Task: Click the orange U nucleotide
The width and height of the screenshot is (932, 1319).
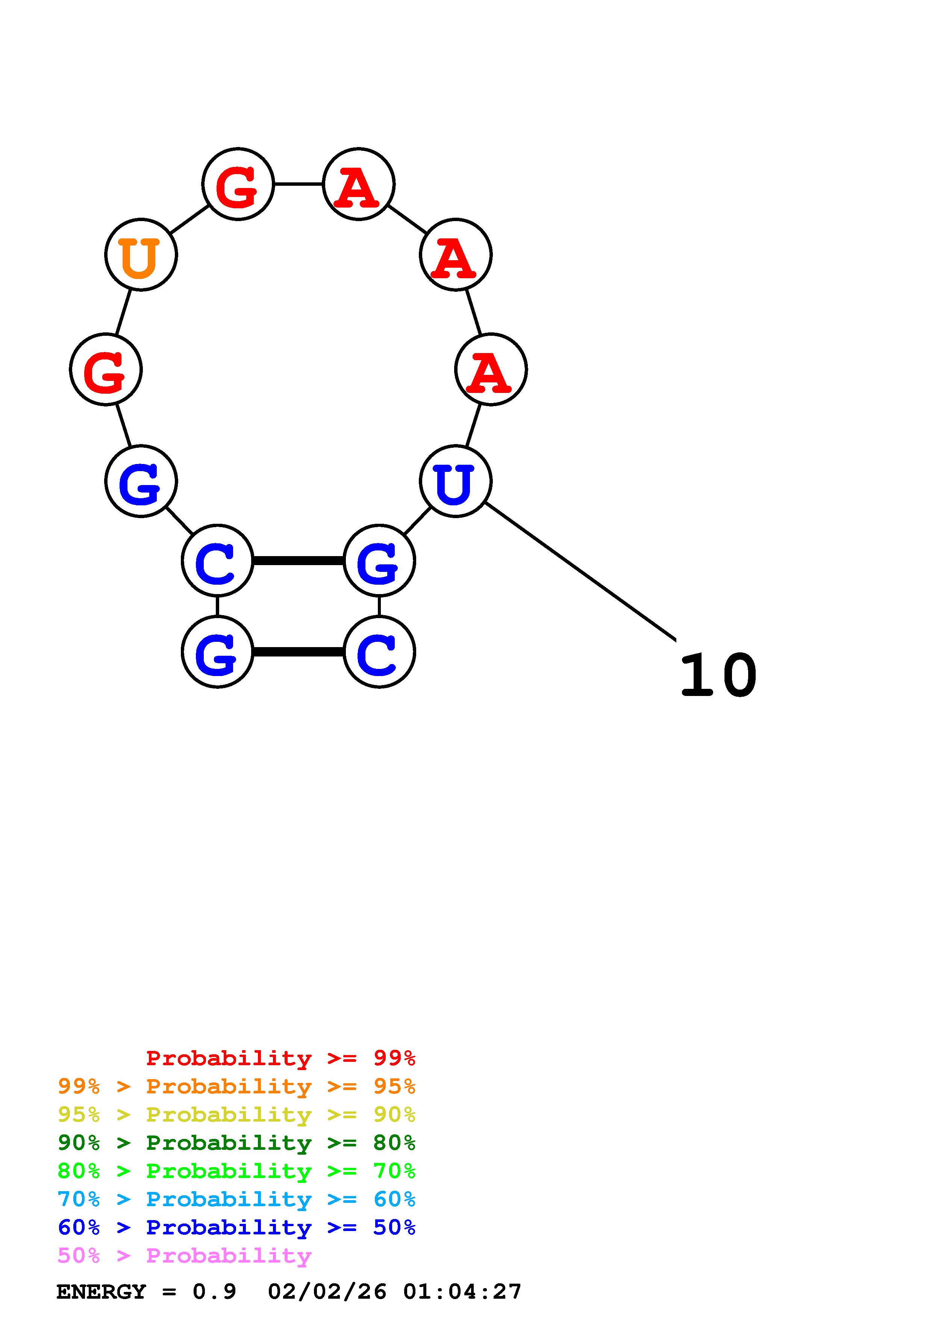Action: (x=141, y=255)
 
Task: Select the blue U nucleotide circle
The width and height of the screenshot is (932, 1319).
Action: (x=455, y=481)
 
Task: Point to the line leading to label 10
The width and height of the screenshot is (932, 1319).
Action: (x=580, y=570)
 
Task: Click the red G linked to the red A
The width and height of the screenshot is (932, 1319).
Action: (x=238, y=184)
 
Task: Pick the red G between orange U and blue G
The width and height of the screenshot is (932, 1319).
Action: (x=106, y=369)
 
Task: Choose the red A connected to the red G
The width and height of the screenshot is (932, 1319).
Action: (x=358, y=184)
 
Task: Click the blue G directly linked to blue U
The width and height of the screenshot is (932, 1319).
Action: (x=379, y=561)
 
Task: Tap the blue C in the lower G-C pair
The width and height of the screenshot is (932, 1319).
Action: (x=379, y=652)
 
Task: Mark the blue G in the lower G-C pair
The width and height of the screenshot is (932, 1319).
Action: (x=217, y=652)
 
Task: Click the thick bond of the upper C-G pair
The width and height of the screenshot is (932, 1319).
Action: (x=298, y=561)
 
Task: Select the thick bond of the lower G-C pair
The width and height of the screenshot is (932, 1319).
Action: (x=298, y=652)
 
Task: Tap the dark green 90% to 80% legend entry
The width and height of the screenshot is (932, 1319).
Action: (x=236, y=1143)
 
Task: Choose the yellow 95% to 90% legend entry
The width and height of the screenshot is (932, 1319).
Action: (x=236, y=1114)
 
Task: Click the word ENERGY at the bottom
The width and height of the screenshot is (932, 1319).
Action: (x=101, y=1292)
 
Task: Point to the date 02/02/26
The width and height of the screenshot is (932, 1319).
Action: (x=327, y=1292)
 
